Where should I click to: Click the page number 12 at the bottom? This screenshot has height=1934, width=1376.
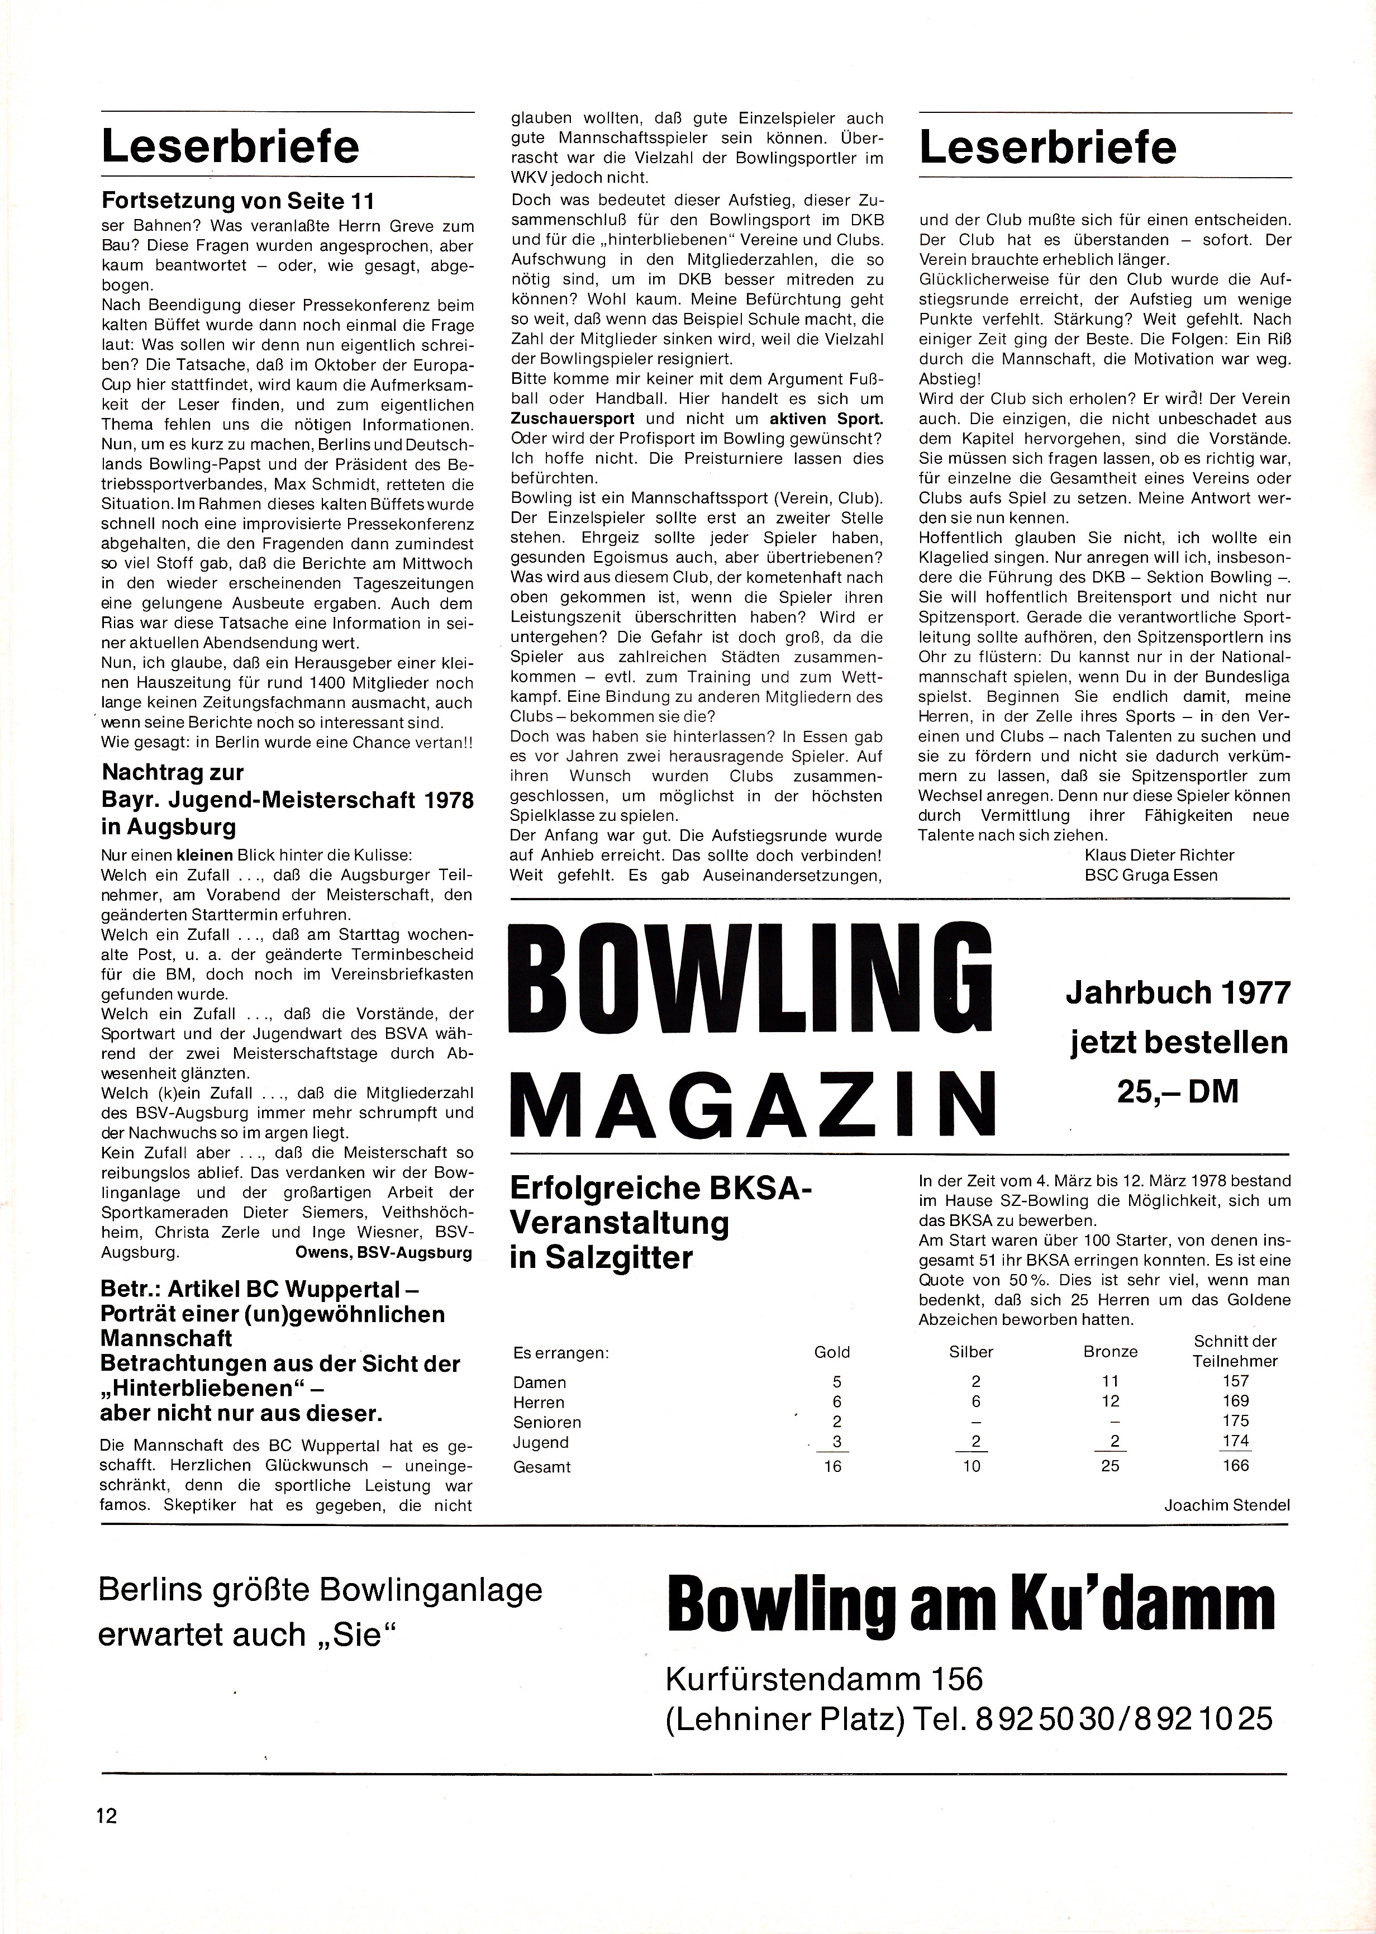106,1816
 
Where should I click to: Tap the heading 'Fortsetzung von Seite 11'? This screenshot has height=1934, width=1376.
237,201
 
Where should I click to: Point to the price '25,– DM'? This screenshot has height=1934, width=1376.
1177,1091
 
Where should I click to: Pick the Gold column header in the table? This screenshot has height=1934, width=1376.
831,1352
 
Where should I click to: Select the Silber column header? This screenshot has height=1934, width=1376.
971,1352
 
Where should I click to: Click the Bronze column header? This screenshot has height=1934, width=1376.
1110,1352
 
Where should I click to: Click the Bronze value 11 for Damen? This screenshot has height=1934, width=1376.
1110,1381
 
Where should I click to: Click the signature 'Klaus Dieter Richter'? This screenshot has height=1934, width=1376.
1159,854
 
